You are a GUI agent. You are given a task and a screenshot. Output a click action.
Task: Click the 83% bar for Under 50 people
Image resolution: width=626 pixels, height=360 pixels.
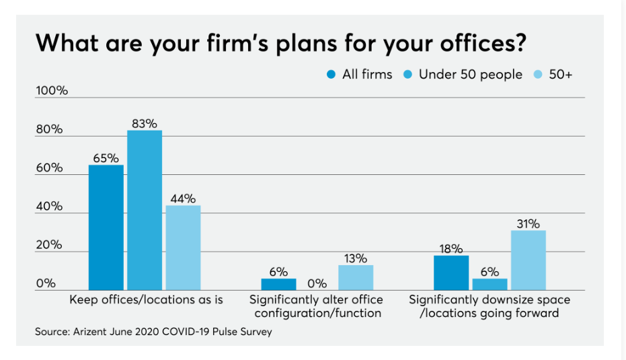[x=145, y=210]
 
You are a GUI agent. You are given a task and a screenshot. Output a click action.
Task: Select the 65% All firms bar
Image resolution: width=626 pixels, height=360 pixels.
[x=106, y=227]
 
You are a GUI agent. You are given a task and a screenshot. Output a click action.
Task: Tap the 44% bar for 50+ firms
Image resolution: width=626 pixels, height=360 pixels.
[x=183, y=248]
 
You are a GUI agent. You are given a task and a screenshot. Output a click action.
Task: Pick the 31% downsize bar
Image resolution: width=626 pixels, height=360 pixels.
[x=528, y=260]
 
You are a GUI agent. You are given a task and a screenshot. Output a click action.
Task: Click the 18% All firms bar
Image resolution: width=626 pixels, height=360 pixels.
[x=451, y=273]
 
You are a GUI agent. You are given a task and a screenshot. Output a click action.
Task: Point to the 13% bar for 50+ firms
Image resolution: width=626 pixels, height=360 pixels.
[x=356, y=277]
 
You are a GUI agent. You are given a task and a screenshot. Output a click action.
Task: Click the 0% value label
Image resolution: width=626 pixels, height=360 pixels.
[x=317, y=283]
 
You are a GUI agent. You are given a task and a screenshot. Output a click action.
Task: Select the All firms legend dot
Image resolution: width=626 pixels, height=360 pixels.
[x=331, y=75]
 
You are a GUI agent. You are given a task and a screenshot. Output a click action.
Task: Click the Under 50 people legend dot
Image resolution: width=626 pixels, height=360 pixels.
[x=408, y=75]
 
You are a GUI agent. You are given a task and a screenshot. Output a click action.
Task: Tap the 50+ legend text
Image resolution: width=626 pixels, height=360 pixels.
[x=560, y=75]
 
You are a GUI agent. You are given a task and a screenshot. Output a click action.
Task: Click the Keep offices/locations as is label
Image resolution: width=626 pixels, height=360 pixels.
[x=146, y=299]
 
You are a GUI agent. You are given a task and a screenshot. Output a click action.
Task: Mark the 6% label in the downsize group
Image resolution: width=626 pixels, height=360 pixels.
[x=490, y=271]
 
